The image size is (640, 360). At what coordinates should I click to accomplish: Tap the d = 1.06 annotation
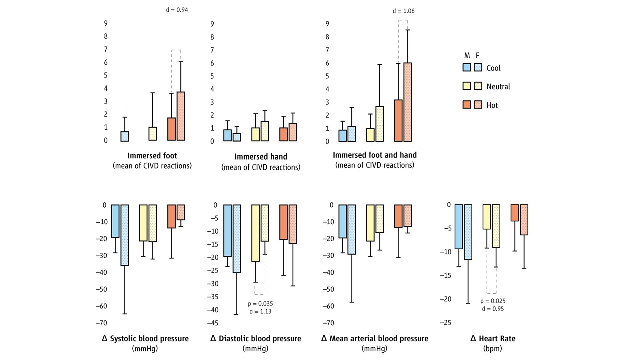point(404,11)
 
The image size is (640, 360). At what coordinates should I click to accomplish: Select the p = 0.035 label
point(260,303)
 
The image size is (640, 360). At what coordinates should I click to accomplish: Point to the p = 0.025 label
point(492,301)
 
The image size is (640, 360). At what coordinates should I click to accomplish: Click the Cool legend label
point(493,68)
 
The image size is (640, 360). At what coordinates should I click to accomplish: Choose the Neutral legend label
point(498,86)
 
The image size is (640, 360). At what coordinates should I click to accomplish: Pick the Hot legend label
point(492,105)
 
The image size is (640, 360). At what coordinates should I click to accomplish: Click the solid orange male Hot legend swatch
point(467,105)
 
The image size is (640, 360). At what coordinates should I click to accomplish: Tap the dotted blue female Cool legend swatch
point(478,68)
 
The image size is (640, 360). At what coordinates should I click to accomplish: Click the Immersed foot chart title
point(152,155)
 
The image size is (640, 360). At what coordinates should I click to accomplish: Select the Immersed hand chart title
point(261,156)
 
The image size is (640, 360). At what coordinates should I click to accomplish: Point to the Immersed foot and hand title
point(375,155)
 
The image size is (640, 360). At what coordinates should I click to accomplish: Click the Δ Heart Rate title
point(493,339)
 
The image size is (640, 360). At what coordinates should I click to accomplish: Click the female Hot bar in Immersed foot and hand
point(408,102)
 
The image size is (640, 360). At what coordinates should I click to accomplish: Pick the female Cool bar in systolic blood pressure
point(125,235)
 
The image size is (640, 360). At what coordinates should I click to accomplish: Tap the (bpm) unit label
point(493,348)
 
